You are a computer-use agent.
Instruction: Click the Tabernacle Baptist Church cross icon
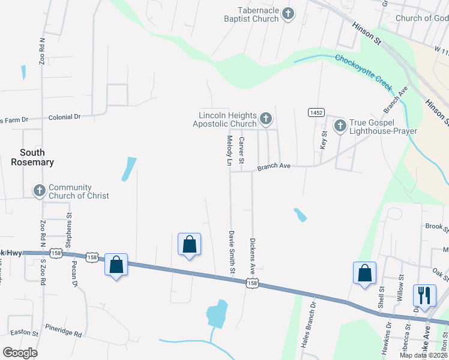(288, 14)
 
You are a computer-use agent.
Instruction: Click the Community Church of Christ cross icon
(40, 191)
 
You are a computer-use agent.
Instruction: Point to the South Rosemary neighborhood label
(32, 157)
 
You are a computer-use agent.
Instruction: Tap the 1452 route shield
(316, 113)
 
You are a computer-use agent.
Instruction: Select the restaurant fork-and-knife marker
(424, 295)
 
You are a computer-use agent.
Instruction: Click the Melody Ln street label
(229, 151)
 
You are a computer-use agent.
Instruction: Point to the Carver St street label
(242, 151)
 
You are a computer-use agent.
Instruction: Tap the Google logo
(20, 353)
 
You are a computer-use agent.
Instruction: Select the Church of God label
(421, 18)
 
